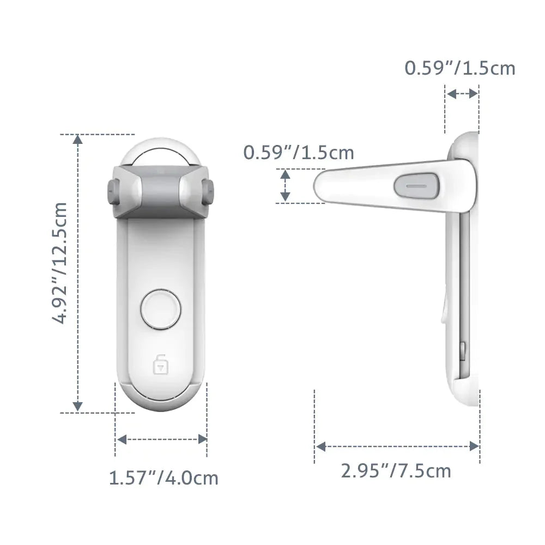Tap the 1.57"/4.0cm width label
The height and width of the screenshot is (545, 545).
tap(163, 479)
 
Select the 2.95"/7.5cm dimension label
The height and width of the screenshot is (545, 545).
tap(396, 470)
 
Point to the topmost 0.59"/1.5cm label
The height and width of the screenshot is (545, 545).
tap(459, 68)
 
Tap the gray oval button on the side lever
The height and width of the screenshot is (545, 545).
tap(416, 185)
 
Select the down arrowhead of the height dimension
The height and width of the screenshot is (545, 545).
tap(78, 406)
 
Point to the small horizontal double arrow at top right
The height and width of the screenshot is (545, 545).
tap(462, 94)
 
